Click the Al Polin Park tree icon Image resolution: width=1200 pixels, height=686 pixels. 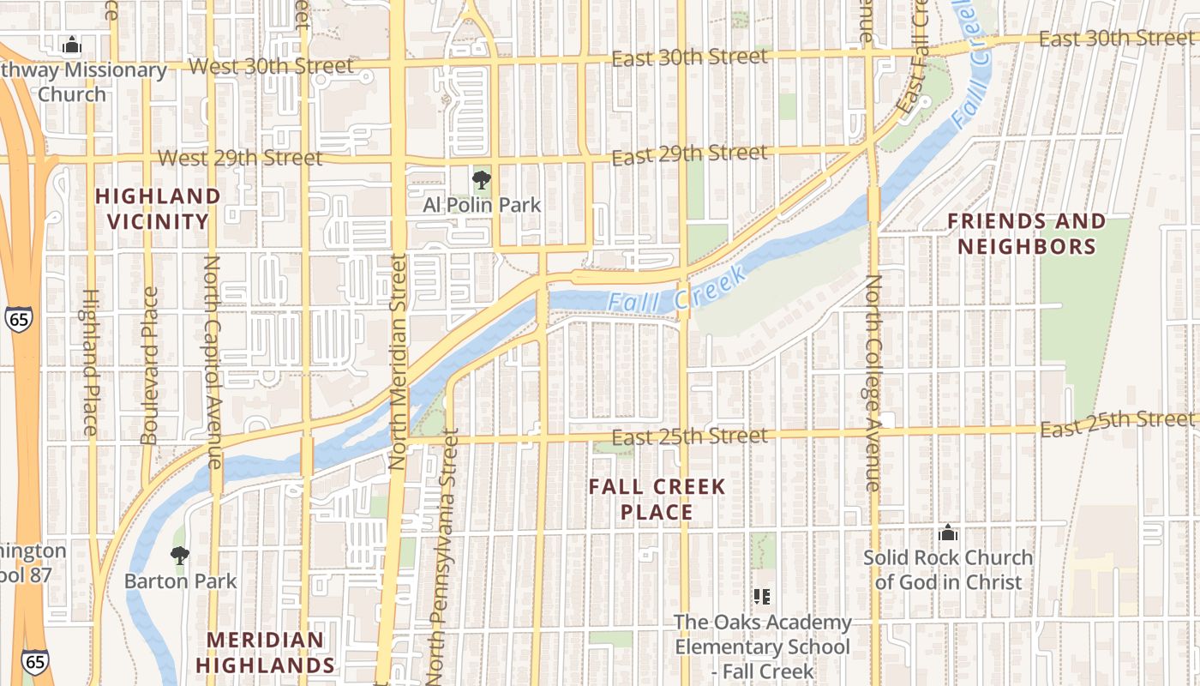tap(482, 180)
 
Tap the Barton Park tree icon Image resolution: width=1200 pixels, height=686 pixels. tap(179, 556)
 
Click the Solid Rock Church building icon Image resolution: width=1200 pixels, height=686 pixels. tap(947, 533)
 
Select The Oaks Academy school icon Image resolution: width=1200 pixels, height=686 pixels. tap(761, 596)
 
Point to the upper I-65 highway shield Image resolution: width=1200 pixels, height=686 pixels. tap(17, 319)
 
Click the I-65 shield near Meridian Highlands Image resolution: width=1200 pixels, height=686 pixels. tap(35, 661)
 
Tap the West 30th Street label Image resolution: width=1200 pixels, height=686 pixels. tap(271, 66)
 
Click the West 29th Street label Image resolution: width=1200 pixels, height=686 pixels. tap(241, 159)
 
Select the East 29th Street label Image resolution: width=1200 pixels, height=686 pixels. tap(690, 155)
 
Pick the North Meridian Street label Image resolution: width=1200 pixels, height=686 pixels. tap(397, 361)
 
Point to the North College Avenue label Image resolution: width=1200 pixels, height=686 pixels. tap(873, 383)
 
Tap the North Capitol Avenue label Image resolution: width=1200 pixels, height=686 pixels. tap(213, 361)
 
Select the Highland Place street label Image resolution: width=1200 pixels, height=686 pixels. tap(91, 361)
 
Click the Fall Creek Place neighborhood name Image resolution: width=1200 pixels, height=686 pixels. tap(657, 500)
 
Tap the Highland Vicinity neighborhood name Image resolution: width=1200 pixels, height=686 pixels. tap(158, 208)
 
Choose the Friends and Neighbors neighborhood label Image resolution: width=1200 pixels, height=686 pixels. tap(1026, 234)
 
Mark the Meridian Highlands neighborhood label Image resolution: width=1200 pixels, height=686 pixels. tap(265, 653)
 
